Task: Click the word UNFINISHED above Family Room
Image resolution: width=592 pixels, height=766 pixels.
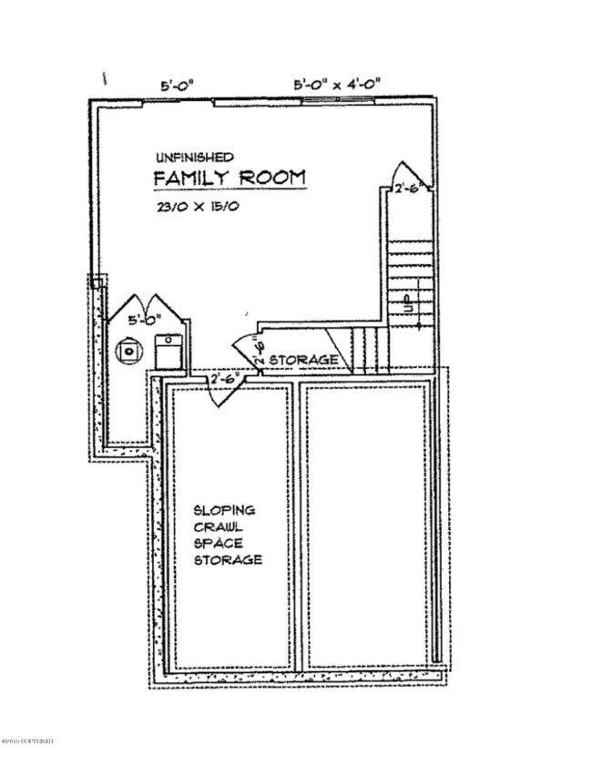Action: (x=194, y=157)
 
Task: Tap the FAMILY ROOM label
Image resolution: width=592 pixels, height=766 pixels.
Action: (x=229, y=178)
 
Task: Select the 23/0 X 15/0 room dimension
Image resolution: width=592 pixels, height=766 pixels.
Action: (x=197, y=207)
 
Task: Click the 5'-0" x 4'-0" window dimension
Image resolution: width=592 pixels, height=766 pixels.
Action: (x=336, y=84)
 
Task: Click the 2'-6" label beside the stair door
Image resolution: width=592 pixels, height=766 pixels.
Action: (x=406, y=189)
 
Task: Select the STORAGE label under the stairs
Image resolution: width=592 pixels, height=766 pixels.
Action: (x=304, y=361)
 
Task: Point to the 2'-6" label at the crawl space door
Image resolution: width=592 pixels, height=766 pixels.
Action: (x=224, y=377)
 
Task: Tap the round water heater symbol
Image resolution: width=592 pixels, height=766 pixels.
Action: (x=132, y=347)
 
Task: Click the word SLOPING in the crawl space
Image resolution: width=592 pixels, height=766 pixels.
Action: (x=223, y=510)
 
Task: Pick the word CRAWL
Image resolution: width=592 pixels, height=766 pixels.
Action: (x=216, y=526)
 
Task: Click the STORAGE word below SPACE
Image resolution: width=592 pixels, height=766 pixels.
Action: (x=228, y=559)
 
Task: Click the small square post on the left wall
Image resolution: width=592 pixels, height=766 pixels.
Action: (x=97, y=283)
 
